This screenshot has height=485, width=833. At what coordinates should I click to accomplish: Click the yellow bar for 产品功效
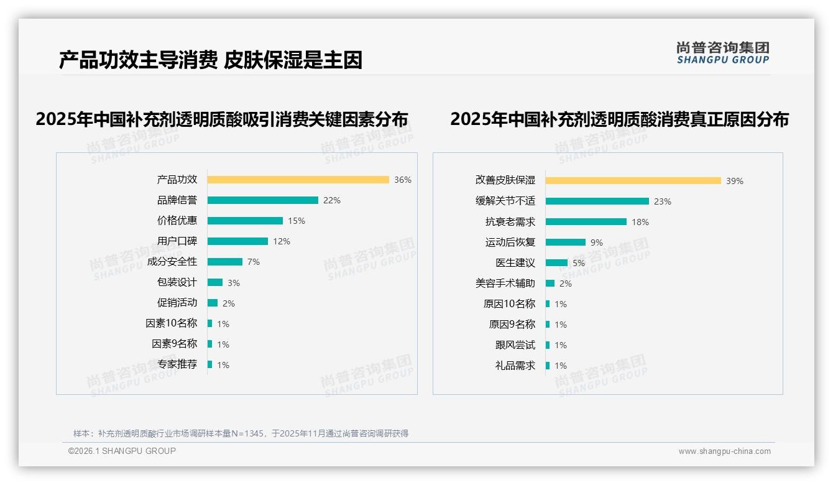[298, 180]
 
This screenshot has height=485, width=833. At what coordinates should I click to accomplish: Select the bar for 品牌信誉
[262, 200]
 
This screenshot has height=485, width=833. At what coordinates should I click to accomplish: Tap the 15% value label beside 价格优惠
[297, 221]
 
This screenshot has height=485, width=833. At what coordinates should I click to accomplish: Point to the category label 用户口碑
[177, 241]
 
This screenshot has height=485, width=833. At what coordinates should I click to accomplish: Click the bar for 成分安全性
[225, 262]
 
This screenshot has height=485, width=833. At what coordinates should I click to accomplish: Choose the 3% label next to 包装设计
[234, 283]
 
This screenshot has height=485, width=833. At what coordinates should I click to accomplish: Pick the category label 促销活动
[177, 303]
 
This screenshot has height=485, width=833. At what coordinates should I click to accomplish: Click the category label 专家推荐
[177, 364]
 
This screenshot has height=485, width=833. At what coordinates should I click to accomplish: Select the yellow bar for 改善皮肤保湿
[633, 180]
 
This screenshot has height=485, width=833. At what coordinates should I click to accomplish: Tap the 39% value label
[735, 181]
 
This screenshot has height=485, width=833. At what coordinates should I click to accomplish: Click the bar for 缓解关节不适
[597, 201]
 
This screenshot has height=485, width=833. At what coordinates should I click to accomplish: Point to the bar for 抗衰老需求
[586, 221]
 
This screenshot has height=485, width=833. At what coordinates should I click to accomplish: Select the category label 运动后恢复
[510, 242]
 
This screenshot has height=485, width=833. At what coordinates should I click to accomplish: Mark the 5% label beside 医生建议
[579, 263]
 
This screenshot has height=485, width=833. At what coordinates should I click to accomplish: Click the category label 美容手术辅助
[505, 284]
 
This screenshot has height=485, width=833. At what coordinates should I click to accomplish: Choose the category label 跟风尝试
[515, 345]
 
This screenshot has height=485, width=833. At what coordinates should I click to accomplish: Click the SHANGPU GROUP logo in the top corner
[723, 53]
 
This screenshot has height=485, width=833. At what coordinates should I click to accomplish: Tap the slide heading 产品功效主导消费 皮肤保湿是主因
[211, 60]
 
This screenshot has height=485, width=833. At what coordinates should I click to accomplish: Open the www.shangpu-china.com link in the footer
[724, 451]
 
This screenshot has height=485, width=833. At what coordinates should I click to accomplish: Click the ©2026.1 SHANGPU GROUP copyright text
[122, 451]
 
